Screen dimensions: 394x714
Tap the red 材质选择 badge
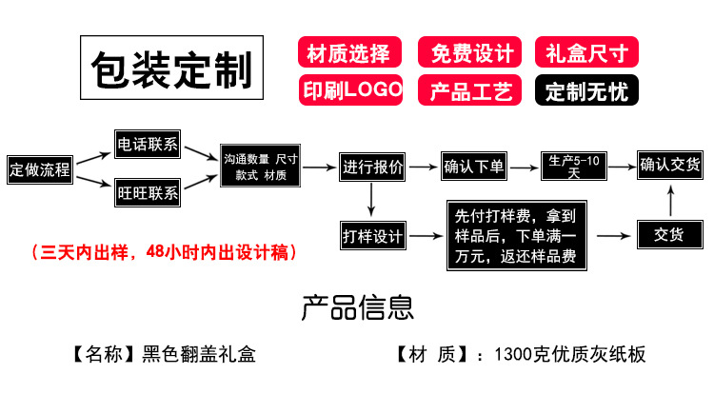pos(348,52)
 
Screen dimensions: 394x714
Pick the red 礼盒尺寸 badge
pos(586,52)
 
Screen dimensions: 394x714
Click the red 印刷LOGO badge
pos(349,90)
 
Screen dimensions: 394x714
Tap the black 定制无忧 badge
pos(586,90)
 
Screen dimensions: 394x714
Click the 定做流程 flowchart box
pos(40,169)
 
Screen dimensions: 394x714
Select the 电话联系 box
pos(147,145)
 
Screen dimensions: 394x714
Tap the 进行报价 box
pos(372,167)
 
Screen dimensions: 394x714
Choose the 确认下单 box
pos(474,167)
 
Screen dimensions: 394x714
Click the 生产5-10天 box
pos(574,167)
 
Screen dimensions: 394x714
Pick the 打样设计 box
pos(372,234)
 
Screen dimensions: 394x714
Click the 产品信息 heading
pos(357,306)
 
